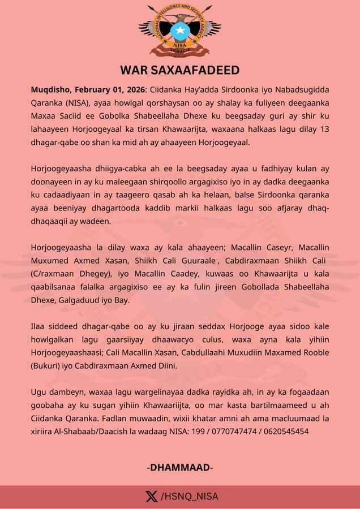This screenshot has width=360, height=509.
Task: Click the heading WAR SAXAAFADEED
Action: (x=179, y=70)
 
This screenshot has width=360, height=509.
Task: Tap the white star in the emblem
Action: (x=180, y=30)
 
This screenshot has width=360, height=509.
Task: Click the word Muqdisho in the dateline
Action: (x=50, y=90)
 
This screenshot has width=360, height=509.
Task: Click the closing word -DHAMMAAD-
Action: (x=180, y=467)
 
